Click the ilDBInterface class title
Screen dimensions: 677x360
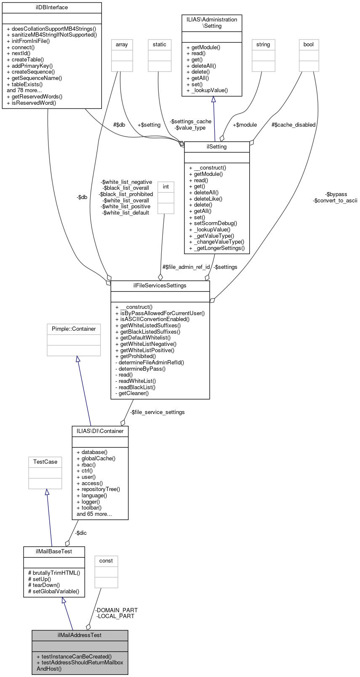[x=52, y=8]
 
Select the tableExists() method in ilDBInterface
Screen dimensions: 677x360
[x=24, y=84]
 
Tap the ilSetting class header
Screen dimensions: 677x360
[x=217, y=147]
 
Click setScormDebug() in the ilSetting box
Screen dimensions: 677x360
[x=213, y=223]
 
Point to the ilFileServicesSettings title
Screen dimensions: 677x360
[x=160, y=286]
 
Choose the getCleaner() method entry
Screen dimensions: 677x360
[x=132, y=393]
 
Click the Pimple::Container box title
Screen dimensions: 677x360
[x=74, y=329]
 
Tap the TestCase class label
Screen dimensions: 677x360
[x=45, y=462]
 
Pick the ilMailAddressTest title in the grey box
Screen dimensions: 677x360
[x=80, y=635]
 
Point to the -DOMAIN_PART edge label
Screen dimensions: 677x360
[x=117, y=610]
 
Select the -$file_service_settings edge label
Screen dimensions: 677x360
[x=157, y=412]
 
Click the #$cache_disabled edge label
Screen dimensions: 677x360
[x=293, y=125]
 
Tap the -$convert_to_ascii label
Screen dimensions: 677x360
[x=335, y=201]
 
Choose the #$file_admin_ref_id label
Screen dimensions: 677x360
[x=186, y=267]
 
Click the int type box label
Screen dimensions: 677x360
[x=166, y=187]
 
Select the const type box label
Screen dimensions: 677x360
[x=106, y=561]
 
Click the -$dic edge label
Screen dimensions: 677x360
[x=81, y=533]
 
